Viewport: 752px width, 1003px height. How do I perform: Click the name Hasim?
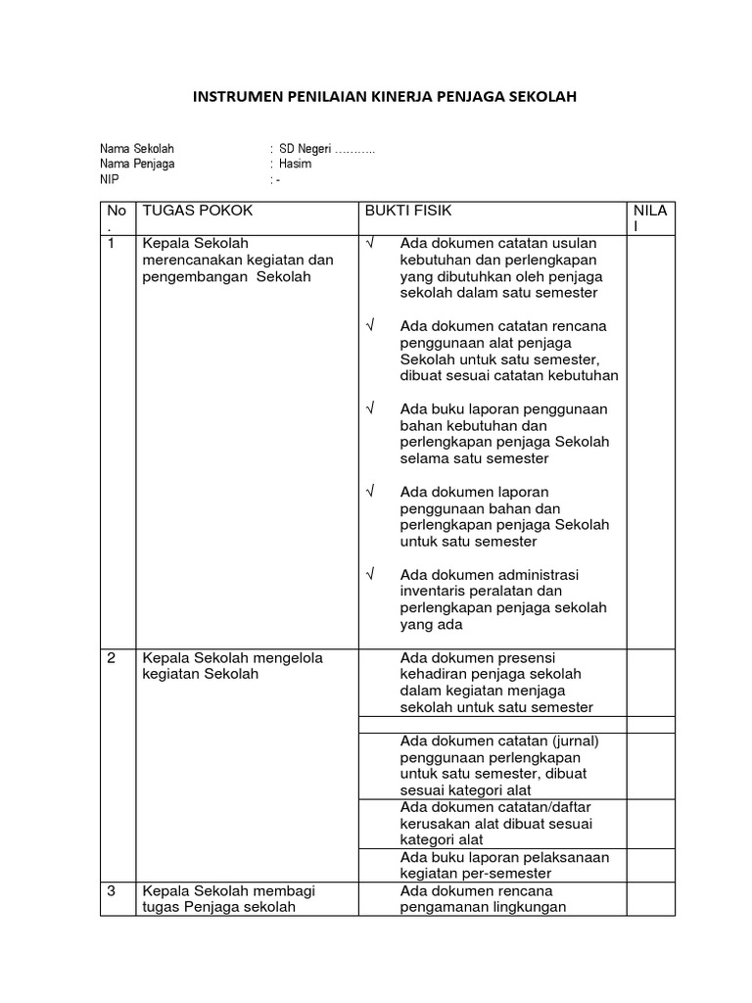pyautogui.click(x=295, y=165)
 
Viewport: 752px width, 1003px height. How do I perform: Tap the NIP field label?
pyautogui.click(x=108, y=180)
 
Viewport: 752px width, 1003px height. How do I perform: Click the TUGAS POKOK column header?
pyautogui.click(x=197, y=211)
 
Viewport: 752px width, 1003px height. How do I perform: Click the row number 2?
pyautogui.click(x=112, y=658)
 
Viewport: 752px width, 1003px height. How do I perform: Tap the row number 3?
pyautogui.click(x=112, y=890)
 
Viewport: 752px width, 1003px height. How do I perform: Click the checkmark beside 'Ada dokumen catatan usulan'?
pyautogui.click(x=369, y=243)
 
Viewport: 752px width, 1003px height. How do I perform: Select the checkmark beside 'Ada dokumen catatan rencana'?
pyautogui.click(x=369, y=325)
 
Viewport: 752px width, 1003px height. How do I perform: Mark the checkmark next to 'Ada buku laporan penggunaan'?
pyautogui.click(x=369, y=408)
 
